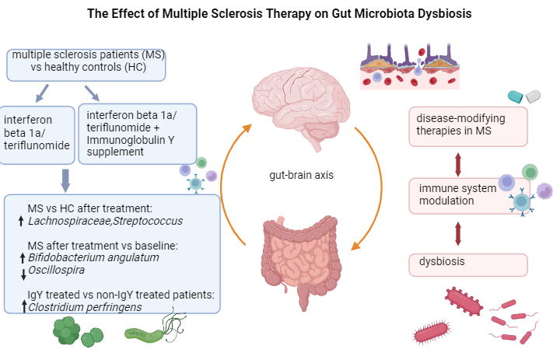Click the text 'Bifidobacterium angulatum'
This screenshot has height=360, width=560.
93,257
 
